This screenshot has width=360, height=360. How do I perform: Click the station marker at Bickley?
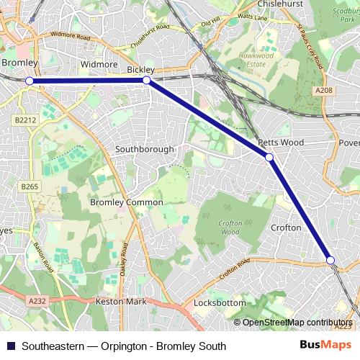coord(146,81)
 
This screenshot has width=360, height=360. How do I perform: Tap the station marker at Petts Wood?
coord(269,157)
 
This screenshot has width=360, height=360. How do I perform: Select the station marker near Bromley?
coord(30,81)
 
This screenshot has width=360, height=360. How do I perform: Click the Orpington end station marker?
coord(330,260)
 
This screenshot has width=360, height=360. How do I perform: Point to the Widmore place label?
coord(99,65)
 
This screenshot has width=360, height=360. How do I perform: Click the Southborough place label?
coord(145,149)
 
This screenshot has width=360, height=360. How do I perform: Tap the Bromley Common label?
coord(126,202)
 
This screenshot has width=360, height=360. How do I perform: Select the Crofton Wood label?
coord(229,228)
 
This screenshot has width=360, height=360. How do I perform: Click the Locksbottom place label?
coord(219,303)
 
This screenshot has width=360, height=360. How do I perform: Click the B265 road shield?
coord(29,186)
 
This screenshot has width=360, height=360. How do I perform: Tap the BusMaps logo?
coord(325,346)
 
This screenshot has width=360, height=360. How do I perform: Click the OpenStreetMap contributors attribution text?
coord(297,323)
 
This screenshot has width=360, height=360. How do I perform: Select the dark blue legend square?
coord(10,346)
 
